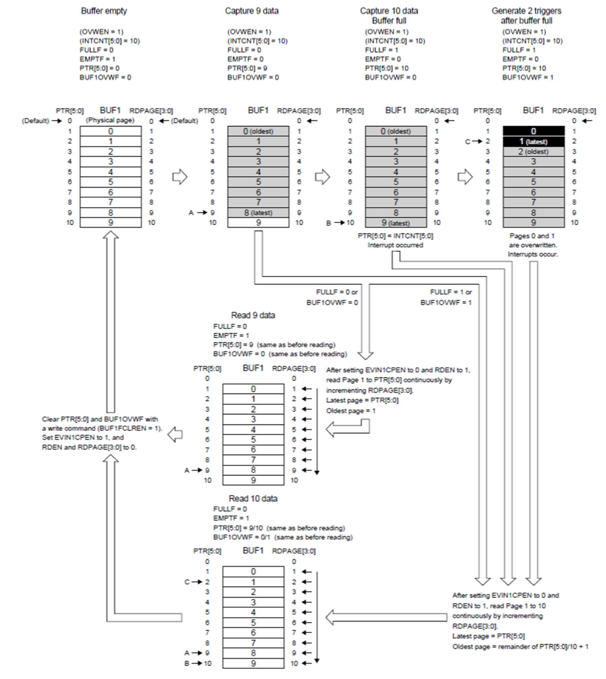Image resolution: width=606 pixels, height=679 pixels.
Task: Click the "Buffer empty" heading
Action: coord(104,11)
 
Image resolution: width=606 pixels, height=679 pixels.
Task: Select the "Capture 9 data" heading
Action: coord(252,11)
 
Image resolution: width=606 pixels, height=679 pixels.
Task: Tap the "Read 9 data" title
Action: coord(253,315)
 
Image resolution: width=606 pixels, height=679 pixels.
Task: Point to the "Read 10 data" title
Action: coord(253,498)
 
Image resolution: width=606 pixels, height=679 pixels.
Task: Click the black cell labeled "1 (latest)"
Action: coord(533,141)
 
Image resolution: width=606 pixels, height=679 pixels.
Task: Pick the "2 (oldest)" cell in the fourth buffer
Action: coord(533,152)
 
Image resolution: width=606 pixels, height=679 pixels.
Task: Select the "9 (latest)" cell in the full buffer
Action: coord(395,223)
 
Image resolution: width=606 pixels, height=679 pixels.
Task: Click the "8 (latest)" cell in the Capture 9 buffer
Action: coord(258,213)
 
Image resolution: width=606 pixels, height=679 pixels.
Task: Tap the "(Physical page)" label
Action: coord(110,120)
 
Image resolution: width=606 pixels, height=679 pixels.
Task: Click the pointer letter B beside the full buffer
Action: coord(329,223)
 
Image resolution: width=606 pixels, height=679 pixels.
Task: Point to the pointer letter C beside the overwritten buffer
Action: coord(468,141)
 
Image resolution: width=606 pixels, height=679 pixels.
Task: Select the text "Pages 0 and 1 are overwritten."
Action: coord(533,241)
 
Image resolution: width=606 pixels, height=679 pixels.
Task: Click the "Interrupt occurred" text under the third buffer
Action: coord(395,245)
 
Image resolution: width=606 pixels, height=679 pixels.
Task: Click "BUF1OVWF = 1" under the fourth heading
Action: coord(528,77)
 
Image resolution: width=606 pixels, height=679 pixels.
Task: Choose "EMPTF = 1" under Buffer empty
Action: coord(97,59)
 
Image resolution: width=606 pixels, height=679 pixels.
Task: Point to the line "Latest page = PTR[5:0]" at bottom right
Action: coord(488,636)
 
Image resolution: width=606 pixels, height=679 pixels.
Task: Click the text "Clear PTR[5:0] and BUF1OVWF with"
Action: coord(100,419)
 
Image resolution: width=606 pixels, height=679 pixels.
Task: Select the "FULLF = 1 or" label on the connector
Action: coord(451,292)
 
